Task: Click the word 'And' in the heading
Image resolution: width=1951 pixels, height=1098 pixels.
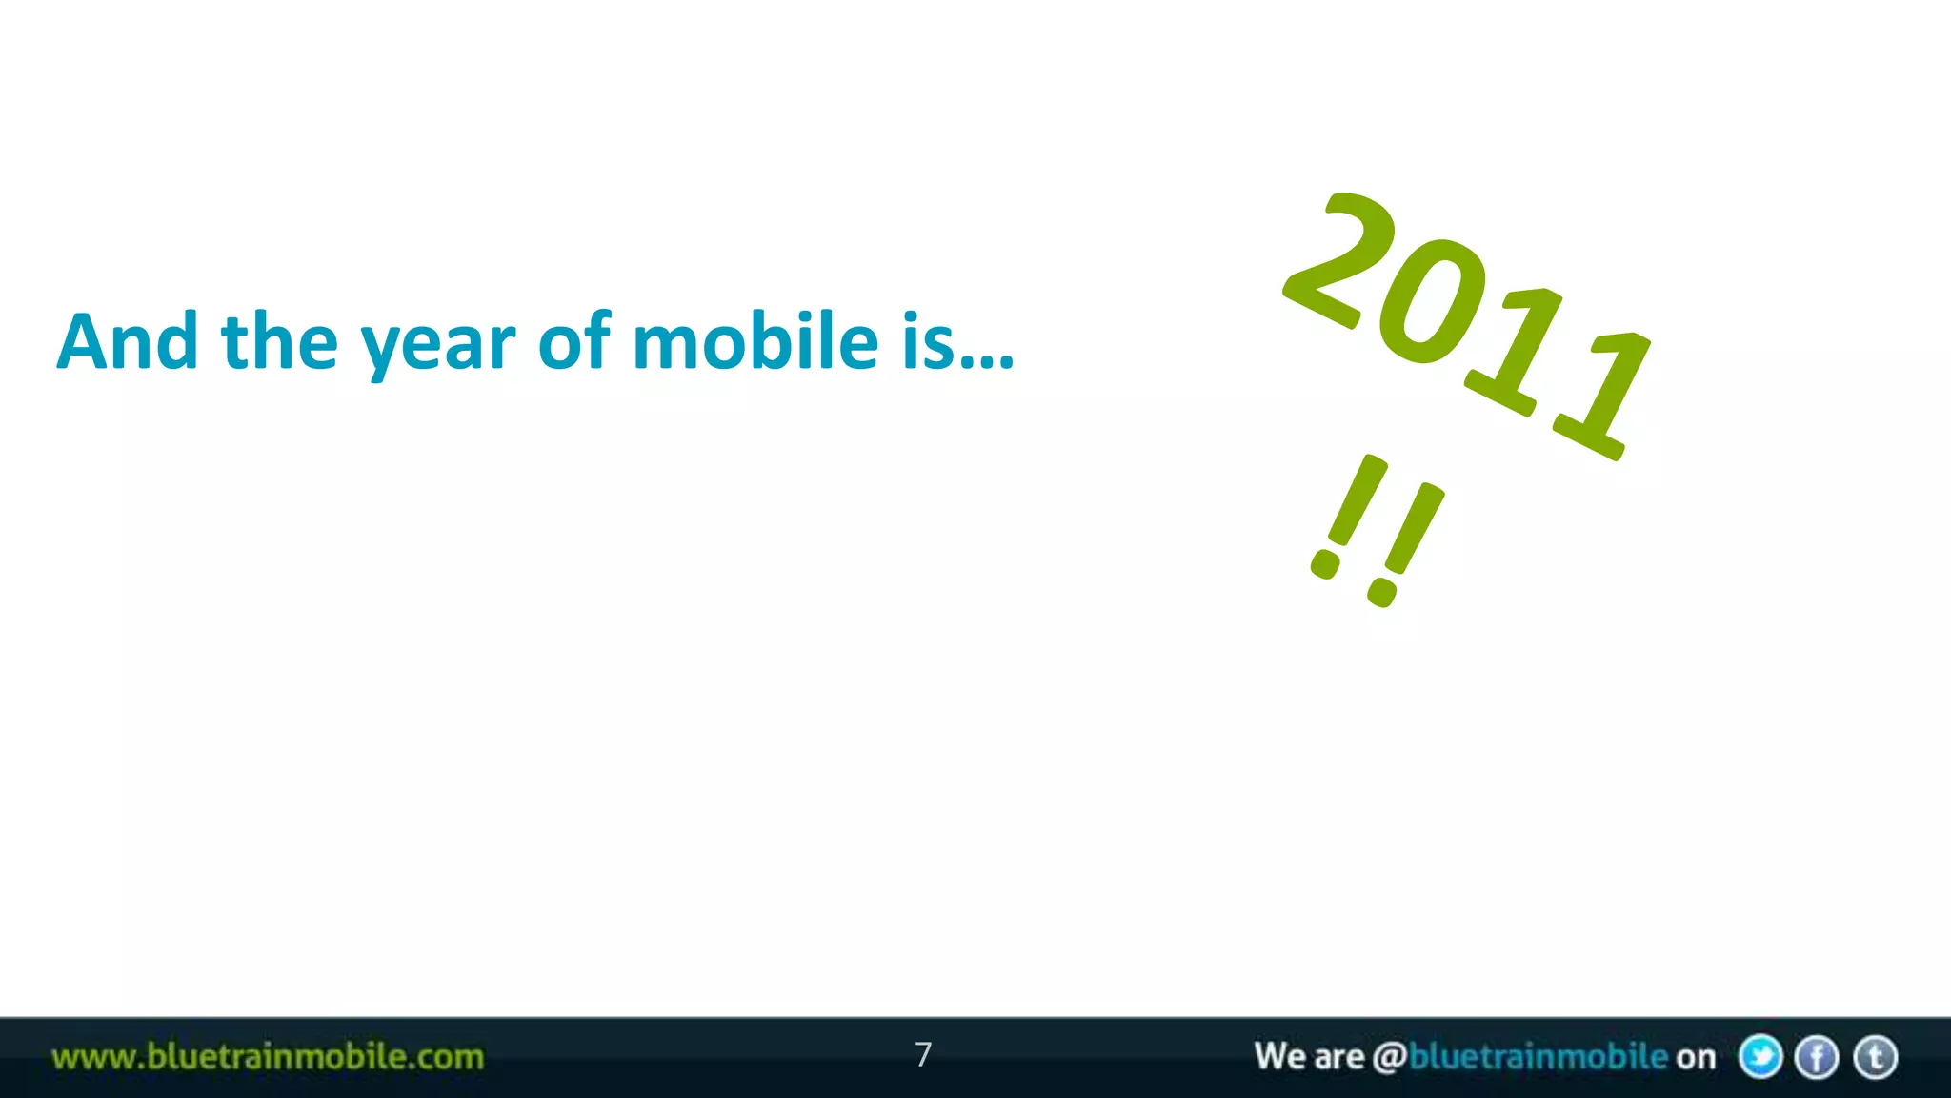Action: point(128,341)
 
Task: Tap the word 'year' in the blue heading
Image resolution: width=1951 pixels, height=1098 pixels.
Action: point(437,345)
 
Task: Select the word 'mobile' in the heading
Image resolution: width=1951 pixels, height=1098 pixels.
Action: point(754,341)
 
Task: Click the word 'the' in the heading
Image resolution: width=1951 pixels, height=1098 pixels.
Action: point(279,341)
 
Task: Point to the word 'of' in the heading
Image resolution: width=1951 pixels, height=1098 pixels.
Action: point(573,341)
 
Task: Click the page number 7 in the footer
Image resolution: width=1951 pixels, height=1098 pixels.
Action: point(922,1054)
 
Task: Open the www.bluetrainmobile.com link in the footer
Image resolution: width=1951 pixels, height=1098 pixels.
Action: point(268,1057)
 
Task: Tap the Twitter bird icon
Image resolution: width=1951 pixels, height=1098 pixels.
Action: point(1760,1057)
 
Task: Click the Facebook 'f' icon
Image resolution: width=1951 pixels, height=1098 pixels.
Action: point(1817,1057)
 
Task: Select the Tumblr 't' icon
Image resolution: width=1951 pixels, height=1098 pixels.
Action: point(1875,1057)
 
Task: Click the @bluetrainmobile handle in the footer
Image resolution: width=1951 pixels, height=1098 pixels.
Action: point(1520,1057)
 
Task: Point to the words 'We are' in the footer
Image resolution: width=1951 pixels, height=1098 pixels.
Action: point(1309,1057)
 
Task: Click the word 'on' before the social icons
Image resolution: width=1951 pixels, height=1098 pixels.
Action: point(1696,1057)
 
